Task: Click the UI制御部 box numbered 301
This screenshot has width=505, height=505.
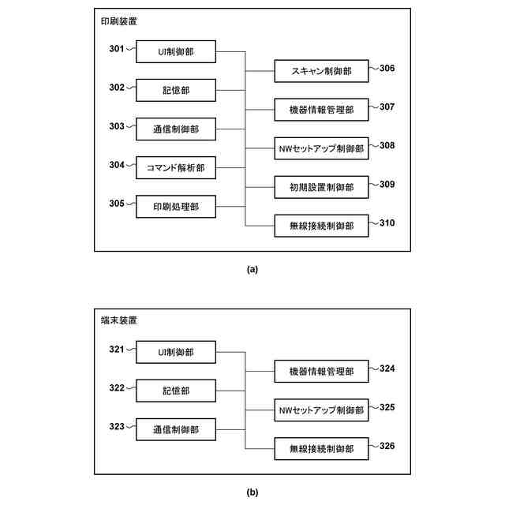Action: [x=175, y=53]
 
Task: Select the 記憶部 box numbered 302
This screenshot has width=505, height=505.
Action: [x=175, y=90]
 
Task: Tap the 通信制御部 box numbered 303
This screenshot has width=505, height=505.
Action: [x=175, y=128]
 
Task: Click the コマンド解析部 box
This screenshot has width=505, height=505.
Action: [x=175, y=166]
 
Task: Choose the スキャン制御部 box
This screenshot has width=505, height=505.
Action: [x=321, y=72]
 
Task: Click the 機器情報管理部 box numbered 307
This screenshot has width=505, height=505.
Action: [x=321, y=110]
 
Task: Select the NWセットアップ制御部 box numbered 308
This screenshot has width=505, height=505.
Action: [x=321, y=148]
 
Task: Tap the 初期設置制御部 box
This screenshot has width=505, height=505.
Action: [x=321, y=187]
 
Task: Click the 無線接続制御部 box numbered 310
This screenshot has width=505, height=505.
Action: [x=321, y=226]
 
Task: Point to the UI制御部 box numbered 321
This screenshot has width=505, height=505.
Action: [x=175, y=352]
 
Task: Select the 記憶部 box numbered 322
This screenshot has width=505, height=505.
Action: [x=175, y=390]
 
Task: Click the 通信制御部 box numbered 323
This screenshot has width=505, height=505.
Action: [x=175, y=429]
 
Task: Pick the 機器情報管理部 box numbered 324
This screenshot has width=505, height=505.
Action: [x=321, y=371]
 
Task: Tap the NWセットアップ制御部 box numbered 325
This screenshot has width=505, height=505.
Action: [x=321, y=410]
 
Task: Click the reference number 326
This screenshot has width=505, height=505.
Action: [x=387, y=446]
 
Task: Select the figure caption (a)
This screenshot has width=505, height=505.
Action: [x=252, y=269]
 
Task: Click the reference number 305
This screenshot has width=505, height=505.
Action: [x=117, y=203]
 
